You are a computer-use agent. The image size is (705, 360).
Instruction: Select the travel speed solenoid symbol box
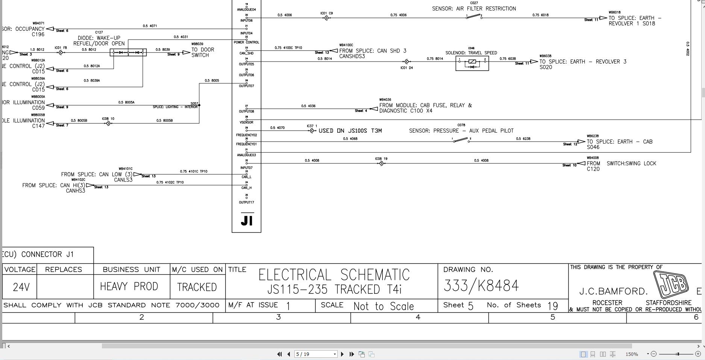(472, 63)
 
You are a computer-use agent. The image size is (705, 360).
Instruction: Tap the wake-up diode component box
(128, 53)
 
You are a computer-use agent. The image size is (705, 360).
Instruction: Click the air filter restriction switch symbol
(474, 17)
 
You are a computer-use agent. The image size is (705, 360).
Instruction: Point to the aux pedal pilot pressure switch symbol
(461, 140)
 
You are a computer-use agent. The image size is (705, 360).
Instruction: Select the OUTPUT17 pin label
(247, 203)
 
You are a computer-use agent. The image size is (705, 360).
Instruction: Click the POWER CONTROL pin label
(247, 42)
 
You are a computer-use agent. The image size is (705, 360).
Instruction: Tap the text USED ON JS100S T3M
(350, 131)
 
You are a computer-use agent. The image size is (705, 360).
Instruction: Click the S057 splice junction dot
(199, 105)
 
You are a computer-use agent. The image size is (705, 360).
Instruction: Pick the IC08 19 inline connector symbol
(381, 163)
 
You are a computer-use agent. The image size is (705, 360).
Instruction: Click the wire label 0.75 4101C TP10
(193, 171)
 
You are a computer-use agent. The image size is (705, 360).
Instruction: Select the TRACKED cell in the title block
(197, 287)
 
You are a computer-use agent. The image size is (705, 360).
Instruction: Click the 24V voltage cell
(21, 287)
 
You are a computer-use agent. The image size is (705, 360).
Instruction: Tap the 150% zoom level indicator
(632, 354)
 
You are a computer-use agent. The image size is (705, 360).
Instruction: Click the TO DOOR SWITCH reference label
(203, 52)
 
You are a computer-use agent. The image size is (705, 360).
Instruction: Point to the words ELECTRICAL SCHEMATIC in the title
(334, 275)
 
